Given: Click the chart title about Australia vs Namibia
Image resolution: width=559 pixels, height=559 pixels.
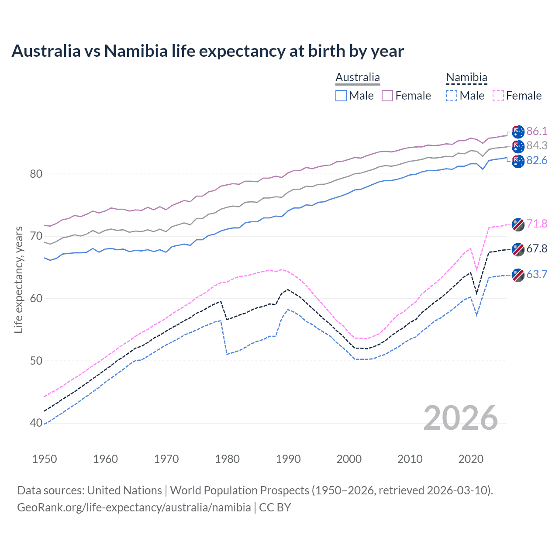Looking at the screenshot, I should pos(208,51).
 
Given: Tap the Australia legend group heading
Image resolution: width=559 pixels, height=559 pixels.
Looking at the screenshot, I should pos(358,78).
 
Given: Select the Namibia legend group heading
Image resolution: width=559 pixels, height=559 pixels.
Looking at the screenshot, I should pos(466,78).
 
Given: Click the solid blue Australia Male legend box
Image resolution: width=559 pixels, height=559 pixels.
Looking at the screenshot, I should pos(341,96).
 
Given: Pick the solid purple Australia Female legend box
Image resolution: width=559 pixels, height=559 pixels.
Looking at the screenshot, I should pos(387,96).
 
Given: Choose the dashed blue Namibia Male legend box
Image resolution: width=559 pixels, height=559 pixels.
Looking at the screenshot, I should pos(452,96).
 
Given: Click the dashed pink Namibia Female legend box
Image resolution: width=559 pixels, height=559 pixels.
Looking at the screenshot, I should pos(498,96).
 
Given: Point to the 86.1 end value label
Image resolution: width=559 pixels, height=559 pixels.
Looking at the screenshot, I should pos(537,131).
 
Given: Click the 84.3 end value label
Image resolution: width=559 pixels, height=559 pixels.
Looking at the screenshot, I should pos(537,145).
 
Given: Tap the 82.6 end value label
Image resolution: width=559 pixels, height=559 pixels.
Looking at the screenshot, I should pos(537,160).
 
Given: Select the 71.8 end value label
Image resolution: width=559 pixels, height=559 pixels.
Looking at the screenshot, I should pos(537,224).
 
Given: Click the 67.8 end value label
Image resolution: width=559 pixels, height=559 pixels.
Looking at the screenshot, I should pos(537,248).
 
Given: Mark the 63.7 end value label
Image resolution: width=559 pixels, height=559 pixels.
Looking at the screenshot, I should pos(537,274).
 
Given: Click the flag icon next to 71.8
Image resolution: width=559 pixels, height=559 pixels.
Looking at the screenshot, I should pos(518,224).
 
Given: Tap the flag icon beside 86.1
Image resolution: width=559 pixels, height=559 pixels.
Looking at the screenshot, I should pos(518,131).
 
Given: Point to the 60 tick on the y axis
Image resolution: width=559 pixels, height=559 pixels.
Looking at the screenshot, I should pos(36,299).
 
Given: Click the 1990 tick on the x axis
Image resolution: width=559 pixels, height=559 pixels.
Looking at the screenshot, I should pos(288,459).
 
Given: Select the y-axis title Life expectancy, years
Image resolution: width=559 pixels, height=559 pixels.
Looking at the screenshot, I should pos(19,279).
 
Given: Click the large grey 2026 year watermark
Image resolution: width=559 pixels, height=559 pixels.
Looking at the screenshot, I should pos(460,418).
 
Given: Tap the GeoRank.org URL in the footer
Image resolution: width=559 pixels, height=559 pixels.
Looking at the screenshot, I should pos(134,507).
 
